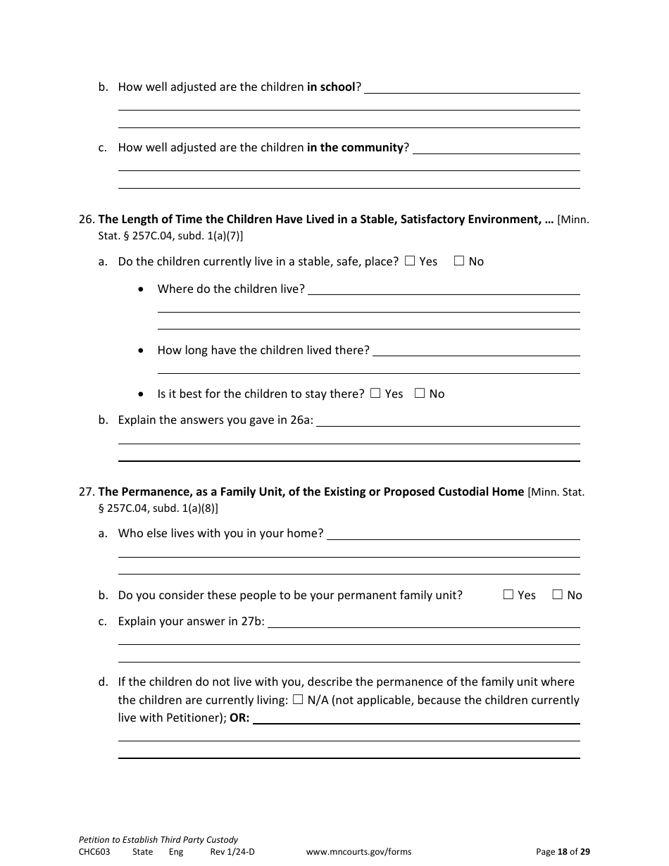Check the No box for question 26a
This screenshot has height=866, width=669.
[x=459, y=261]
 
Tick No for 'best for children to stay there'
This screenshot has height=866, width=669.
[x=420, y=394]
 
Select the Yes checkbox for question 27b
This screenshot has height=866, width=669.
[x=508, y=595]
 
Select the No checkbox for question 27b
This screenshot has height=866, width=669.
[x=558, y=595]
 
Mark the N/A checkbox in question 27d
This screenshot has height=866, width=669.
[x=298, y=700]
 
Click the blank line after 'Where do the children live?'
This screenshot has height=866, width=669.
[x=444, y=289]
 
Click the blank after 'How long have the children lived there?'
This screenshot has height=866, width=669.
[x=476, y=350]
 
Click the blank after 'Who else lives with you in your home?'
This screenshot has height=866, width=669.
[x=454, y=534]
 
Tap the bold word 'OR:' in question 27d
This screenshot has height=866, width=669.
[x=239, y=718]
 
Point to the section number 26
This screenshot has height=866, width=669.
[x=86, y=219]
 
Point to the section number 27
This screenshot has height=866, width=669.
[x=86, y=491]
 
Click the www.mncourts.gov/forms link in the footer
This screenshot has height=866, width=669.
[x=358, y=852]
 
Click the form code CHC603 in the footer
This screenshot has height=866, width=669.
[x=94, y=852]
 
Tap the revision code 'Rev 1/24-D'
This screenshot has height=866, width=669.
[x=232, y=852]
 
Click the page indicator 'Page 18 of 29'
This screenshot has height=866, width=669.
[x=563, y=852]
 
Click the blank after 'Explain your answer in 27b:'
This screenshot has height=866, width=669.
[x=424, y=622]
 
